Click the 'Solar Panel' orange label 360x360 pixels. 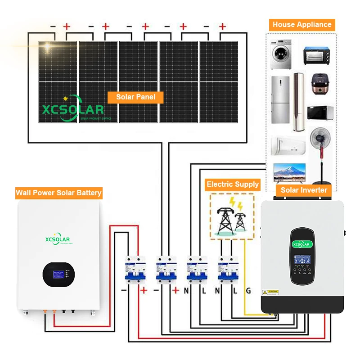tap(135, 97)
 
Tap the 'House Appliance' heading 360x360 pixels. tap(302, 25)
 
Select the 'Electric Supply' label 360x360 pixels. tap(233, 184)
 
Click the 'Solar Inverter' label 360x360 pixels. tap(304, 190)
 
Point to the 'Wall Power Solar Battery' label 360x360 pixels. tap(58, 193)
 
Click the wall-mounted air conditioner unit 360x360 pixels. tap(288, 145)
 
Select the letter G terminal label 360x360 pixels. tap(248, 291)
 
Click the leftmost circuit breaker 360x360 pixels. tap(133, 270)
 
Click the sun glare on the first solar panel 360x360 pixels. tap(48, 48)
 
